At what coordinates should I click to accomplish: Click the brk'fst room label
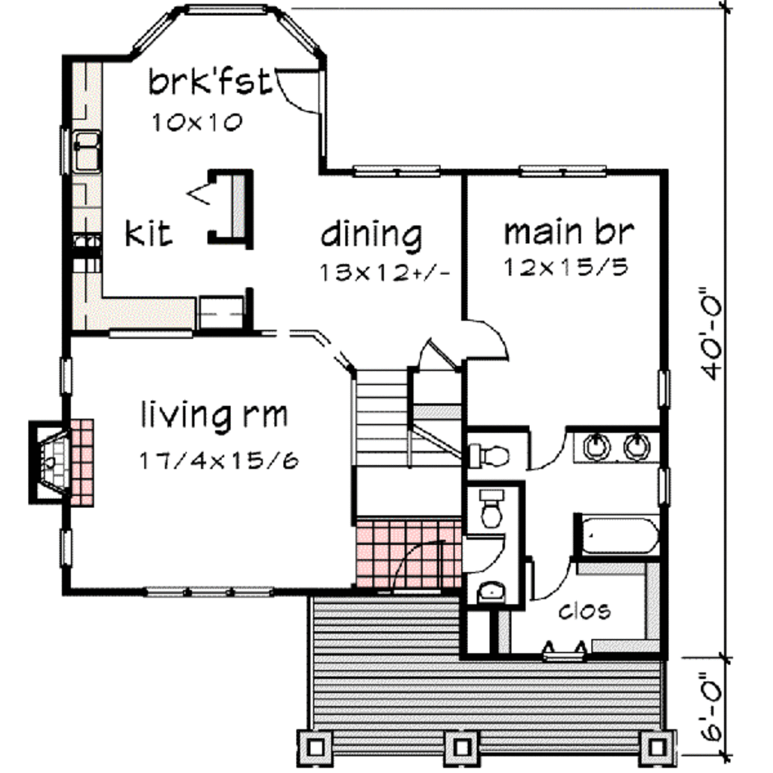pyautogui.click(x=208, y=82)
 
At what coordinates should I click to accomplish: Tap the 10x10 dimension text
pyautogui.click(x=197, y=123)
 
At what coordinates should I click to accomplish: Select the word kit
pyautogui.click(x=149, y=233)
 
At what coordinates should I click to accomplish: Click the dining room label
pyautogui.click(x=371, y=235)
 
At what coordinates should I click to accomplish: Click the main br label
pyautogui.click(x=568, y=232)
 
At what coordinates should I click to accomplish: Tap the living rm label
pyautogui.click(x=214, y=414)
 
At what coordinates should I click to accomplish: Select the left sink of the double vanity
pyautogui.click(x=597, y=446)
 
